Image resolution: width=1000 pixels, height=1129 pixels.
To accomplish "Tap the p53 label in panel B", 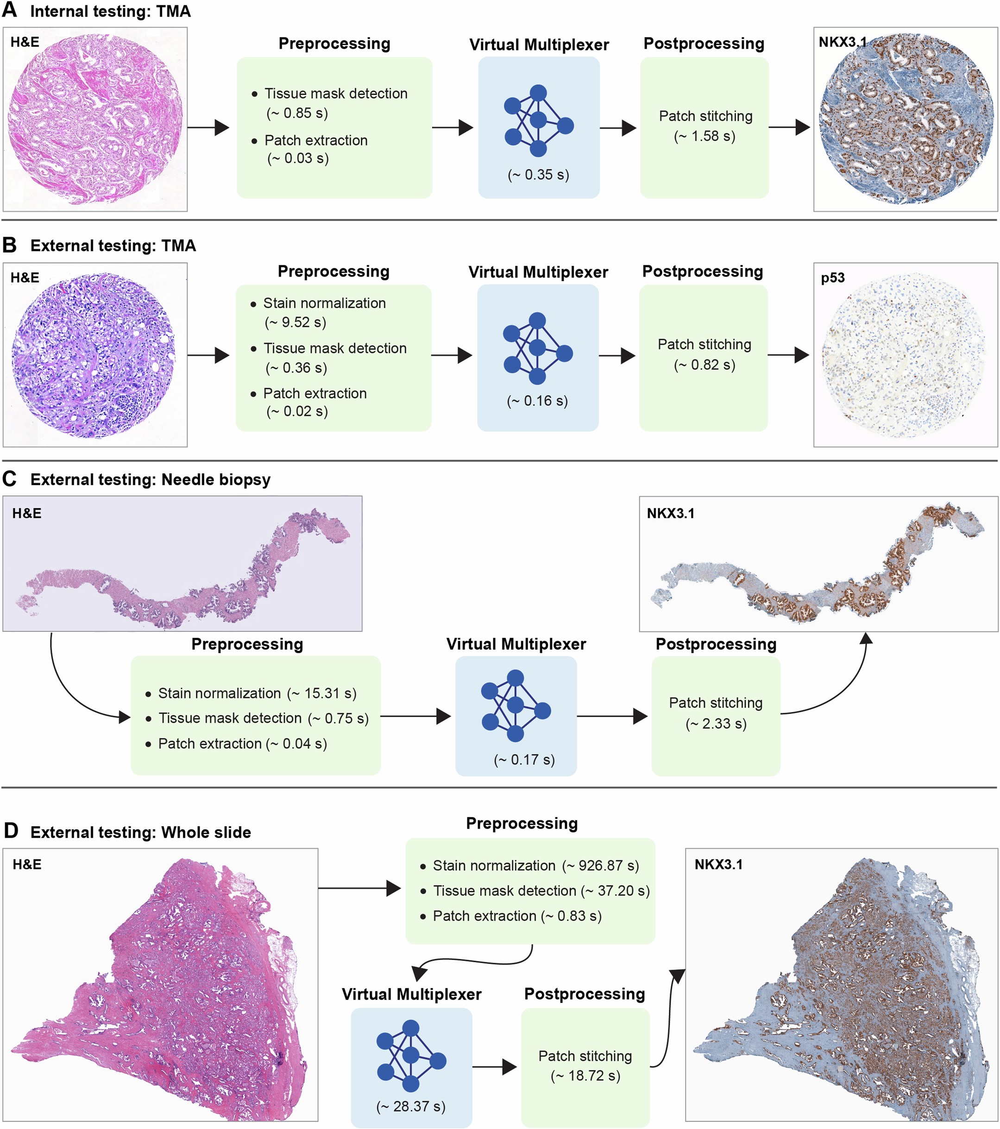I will [x=833, y=278].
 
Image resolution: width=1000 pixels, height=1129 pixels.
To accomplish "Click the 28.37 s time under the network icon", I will [x=411, y=1106].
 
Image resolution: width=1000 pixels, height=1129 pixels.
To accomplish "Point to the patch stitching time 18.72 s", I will [x=585, y=1075].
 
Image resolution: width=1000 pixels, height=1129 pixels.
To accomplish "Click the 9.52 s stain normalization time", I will [x=296, y=322].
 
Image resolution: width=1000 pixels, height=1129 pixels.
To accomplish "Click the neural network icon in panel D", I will [x=411, y=1055].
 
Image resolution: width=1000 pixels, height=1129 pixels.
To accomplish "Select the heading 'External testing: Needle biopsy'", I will [x=150, y=479].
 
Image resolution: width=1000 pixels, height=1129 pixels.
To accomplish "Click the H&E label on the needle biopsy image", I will [x=26, y=513].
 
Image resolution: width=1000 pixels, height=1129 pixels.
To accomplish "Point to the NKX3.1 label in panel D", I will [x=718, y=864].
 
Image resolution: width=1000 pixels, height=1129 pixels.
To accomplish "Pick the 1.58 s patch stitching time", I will [x=704, y=136].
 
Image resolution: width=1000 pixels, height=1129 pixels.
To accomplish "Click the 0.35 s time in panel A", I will [x=538, y=175].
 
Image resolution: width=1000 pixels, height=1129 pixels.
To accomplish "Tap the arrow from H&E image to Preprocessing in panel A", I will [x=209, y=127].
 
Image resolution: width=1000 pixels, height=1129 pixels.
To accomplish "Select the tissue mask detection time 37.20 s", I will [x=615, y=890].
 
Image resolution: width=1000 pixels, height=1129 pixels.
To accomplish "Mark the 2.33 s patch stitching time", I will [x=716, y=724].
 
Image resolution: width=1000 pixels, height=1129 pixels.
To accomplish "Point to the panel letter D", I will [x=11, y=831].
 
